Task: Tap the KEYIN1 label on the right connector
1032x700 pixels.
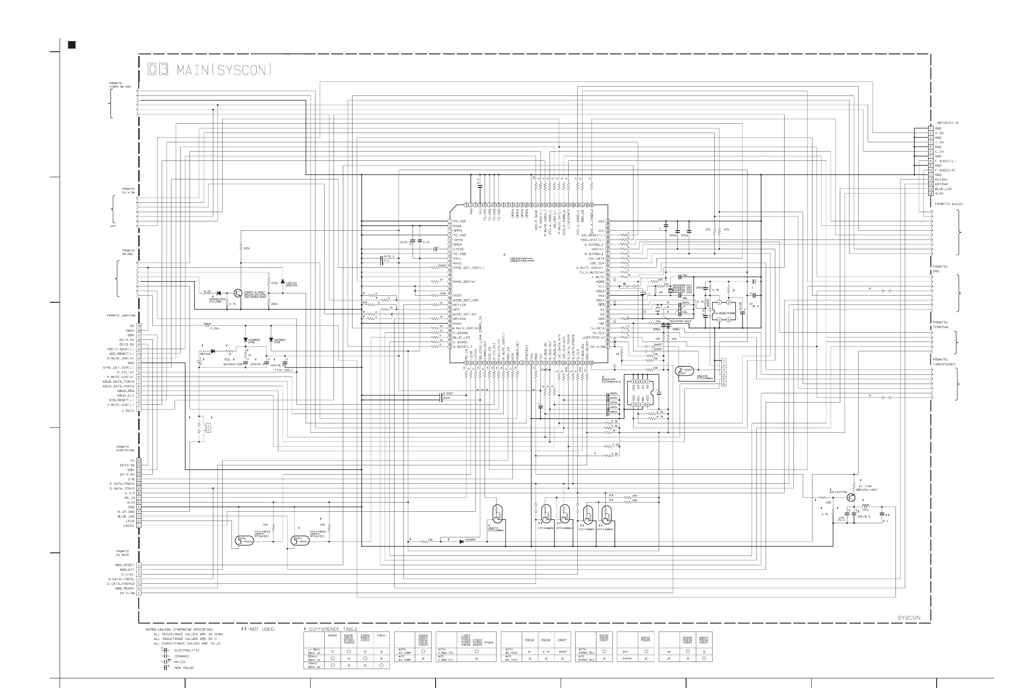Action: [x=941, y=179]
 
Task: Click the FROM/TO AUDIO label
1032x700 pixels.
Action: [x=949, y=204]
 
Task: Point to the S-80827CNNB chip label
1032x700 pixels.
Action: [x=725, y=313]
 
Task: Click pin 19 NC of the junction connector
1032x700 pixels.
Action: [x=139, y=326]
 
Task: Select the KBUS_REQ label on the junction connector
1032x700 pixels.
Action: [x=125, y=391]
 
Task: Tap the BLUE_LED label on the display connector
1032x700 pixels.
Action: [x=126, y=517]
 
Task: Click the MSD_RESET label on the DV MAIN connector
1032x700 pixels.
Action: [x=125, y=565]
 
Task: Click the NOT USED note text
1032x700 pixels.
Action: [x=262, y=629]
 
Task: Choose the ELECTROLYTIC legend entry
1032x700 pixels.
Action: [x=187, y=650]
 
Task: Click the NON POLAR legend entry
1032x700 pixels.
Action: [x=184, y=668]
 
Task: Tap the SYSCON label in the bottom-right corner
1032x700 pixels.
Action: [x=909, y=617]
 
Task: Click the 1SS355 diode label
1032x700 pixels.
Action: [x=470, y=540]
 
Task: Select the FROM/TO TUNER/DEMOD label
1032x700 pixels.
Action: [x=944, y=362]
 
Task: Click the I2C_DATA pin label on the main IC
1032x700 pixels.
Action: [x=596, y=259]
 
